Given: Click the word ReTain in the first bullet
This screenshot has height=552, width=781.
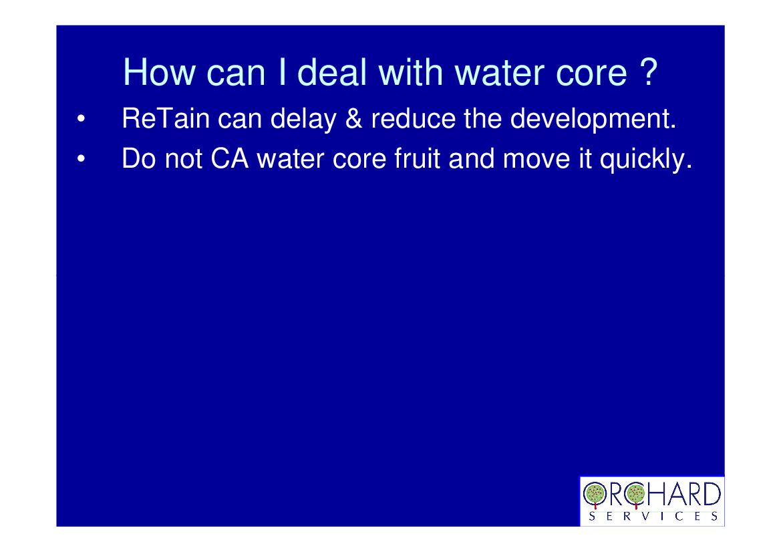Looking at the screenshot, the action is pos(166,118).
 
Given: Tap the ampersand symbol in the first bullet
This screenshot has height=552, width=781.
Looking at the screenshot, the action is pos(353,118).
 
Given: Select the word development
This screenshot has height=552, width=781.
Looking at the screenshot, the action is pos(593,120).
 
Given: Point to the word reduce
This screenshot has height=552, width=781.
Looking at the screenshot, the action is pos(413,118).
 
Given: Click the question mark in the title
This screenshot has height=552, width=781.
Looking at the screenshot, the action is pos(649,72).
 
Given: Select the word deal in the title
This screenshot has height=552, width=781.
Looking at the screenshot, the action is pos(332,72).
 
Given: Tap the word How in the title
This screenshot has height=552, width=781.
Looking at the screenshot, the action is pos(159,72).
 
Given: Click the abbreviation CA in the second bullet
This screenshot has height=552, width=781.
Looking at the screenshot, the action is pos(230,159).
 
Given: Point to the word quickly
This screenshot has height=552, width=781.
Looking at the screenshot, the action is pos(646,160).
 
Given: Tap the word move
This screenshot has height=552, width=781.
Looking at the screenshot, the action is pos(536,160).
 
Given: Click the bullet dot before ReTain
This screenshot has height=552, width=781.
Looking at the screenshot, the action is pos(81,119).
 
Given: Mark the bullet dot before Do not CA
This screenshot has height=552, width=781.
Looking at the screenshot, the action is pos(81,159).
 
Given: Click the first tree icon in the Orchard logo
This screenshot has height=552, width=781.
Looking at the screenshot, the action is pos(594,495).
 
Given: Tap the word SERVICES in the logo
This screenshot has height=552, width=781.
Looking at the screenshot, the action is pos(653,517).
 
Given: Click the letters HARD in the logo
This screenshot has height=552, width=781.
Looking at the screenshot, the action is pos(683,495).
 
